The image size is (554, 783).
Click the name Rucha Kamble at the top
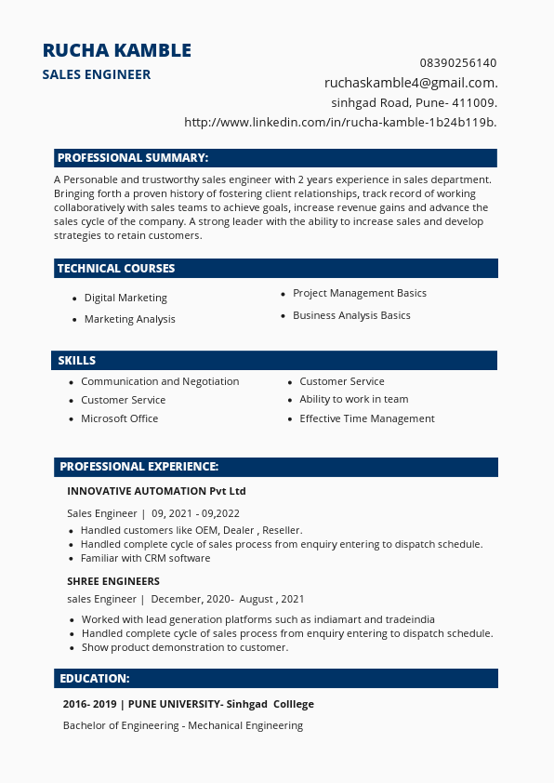(117, 50)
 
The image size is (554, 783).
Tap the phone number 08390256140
(458, 63)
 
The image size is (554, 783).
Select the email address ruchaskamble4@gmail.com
(411, 83)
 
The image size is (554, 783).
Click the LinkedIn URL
(340, 122)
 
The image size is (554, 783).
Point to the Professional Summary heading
(133, 158)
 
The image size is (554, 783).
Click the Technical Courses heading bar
(116, 269)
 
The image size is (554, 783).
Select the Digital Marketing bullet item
(125, 299)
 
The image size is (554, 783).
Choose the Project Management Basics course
(360, 293)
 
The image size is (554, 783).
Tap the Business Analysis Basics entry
(351, 315)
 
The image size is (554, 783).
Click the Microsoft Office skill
(119, 418)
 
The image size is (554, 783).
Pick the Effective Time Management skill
(367, 418)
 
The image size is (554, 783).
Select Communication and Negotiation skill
(160, 381)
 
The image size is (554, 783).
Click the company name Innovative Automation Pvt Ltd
(156, 491)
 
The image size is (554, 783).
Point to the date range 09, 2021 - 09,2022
(195, 513)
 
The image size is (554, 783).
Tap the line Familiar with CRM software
(145, 558)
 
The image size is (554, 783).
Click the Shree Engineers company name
(113, 581)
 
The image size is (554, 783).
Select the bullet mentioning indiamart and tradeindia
(258, 619)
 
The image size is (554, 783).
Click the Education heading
(95, 679)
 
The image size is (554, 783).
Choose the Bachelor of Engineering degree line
(183, 725)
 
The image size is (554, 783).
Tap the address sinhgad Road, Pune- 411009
(414, 102)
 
